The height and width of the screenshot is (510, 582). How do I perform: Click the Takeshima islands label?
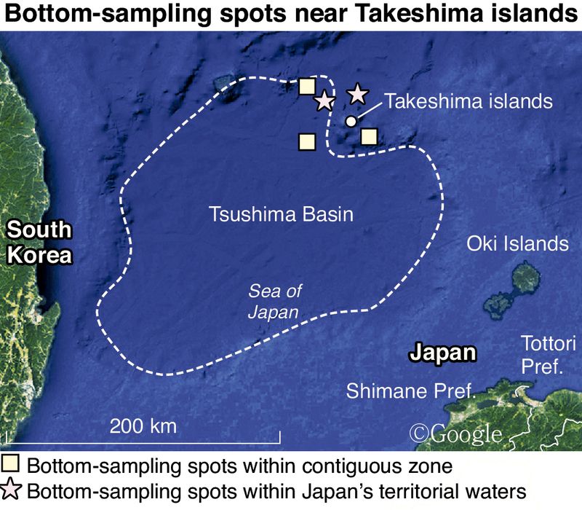(469, 101)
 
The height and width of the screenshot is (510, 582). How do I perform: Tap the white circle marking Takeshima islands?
(351, 121)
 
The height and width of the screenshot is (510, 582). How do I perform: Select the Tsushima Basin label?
(280, 215)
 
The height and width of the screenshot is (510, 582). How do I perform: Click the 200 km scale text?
(143, 425)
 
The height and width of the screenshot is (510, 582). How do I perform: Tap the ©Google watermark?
(456, 433)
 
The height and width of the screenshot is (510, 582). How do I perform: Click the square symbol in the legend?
(12, 463)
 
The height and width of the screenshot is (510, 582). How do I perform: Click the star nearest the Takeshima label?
(357, 94)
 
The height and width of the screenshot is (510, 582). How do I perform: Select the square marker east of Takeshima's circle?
(369, 136)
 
